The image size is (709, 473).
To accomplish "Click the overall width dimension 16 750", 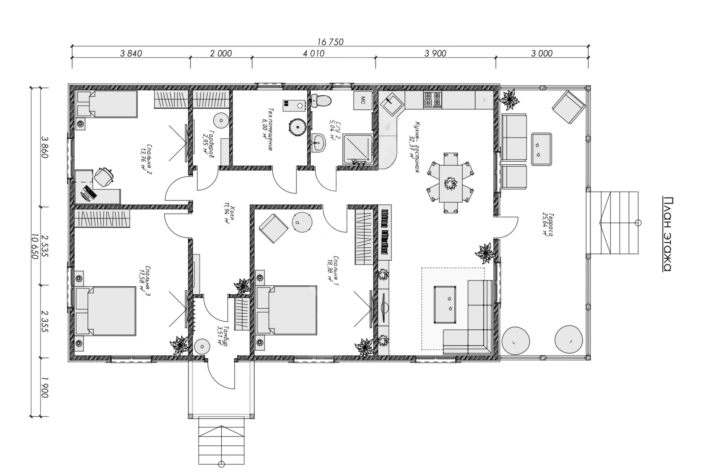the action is pyautogui.click(x=330, y=41).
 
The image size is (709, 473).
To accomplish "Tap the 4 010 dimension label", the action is pyautogui.click(x=313, y=53).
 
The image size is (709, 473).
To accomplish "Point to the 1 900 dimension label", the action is pyautogui.click(x=45, y=387).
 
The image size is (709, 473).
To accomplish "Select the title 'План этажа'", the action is pyautogui.click(x=667, y=234).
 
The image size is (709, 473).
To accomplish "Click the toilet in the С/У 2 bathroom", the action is pyautogui.click(x=321, y=101).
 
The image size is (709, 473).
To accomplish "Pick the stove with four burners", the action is pyautogui.click(x=432, y=99).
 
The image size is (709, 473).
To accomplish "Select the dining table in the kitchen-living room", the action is pyautogui.click(x=451, y=183).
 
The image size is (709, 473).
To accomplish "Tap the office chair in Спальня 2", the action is pyautogui.click(x=104, y=177).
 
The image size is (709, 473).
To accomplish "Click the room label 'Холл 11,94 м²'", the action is pyautogui.click(x=230, y=214).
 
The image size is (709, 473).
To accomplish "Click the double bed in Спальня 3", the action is pyautogui.click(x=105, y=311).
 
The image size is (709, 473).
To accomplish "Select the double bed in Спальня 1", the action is pyautogui.click(x=286, y=310).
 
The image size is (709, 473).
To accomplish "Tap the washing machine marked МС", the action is pyautogui.click(x=363, y=100).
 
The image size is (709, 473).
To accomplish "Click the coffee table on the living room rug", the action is pyautogui.click(x=445, y=305).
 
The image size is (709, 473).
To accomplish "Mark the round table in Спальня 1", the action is pyautogui.click(x=302, y=222).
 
